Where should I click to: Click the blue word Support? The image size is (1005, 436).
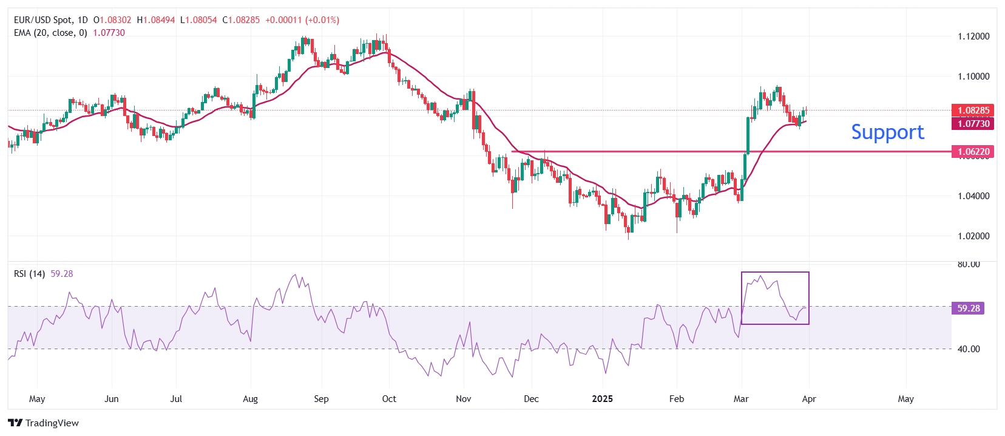point(887,132)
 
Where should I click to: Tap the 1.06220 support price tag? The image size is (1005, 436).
point(973,152)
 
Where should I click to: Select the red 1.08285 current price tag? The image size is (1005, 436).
point(973,111)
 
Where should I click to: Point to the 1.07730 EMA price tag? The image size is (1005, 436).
point(973,124)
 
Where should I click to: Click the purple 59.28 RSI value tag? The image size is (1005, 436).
point(968,308)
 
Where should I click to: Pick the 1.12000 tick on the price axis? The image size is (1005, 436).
point(973,36)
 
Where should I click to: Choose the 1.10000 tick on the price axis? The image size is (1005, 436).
point(973,77)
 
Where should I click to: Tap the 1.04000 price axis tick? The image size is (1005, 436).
point(973,196)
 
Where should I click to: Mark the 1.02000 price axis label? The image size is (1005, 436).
point(973,236)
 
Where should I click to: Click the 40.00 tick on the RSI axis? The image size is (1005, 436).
point(969,349)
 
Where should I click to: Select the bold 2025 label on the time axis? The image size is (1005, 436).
point(602,399)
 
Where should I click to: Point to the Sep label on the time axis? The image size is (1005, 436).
point(321,399)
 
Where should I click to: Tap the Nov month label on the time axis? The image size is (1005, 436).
point(463,399)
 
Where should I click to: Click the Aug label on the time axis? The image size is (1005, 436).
point(250,399)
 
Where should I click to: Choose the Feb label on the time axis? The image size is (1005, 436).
point(676,399)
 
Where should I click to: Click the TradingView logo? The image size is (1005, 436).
point(44,423)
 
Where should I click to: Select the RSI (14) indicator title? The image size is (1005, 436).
point(29,274)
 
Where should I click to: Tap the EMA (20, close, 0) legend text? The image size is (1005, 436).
point(50,33)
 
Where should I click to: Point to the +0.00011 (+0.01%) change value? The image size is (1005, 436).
point(302,20)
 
